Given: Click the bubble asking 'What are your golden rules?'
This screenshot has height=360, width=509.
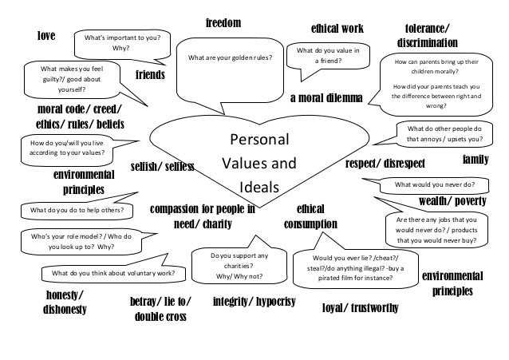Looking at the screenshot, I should pyautogui.click(x=230, y=57).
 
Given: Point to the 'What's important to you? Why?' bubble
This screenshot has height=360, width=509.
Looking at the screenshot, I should pyautogui.click(x=121, y=42).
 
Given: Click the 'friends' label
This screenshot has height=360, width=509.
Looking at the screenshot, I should pyautogui.click(x=149, y=75).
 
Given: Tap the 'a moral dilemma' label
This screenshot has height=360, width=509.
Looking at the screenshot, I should pyautogui.click(x=326, y=98).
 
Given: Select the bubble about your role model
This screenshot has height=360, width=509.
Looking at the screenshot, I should pyautogui.click(x=77, y=242).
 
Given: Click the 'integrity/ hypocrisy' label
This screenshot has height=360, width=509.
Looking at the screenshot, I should pyautogui.click(x=254, y=303).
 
